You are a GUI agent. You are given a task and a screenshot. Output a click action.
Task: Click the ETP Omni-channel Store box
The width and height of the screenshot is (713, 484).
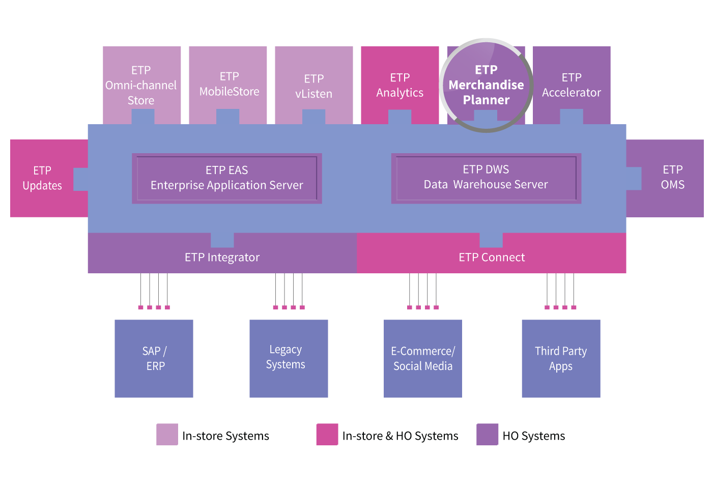tap(141, 85)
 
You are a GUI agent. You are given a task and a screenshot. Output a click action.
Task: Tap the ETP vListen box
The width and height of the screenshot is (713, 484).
tap(314, 86)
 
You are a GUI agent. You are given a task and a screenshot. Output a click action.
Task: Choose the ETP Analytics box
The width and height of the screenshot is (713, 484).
tap(400, 85)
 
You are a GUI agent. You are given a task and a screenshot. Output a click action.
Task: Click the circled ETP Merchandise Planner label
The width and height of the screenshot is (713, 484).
tap(486, 85)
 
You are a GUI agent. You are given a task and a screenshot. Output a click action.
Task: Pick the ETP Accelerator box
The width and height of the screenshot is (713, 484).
tap(572, 85)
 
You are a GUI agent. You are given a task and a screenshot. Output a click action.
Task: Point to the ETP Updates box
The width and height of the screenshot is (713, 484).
tap(43, 178)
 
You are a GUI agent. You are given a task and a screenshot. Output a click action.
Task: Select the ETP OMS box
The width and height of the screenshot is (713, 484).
tap(672, 177)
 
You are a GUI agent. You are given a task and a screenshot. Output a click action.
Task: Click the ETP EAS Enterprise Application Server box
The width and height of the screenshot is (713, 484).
tap(227, 178)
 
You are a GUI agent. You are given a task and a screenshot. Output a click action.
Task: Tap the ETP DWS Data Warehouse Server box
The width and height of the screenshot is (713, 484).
tap(486, 178)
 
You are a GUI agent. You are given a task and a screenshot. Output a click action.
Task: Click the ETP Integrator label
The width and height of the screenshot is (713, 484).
tap(222, 258)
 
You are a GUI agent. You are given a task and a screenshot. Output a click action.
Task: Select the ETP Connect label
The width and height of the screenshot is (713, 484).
tap(492, 258)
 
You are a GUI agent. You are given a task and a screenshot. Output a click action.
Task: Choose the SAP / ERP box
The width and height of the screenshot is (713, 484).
tap(154, 359)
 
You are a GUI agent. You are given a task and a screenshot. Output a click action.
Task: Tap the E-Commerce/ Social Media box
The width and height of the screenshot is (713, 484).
tap(423, 359)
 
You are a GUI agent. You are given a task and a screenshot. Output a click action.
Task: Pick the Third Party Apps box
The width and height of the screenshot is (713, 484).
tap(561, 359)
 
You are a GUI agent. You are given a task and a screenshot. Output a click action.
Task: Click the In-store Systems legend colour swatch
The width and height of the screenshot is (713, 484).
tap(167, 435)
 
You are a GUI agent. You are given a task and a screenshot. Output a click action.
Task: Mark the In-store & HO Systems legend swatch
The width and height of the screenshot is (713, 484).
tap(327, 435)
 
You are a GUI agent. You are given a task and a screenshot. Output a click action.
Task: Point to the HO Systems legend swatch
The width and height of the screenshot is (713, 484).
tap(488, 435)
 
